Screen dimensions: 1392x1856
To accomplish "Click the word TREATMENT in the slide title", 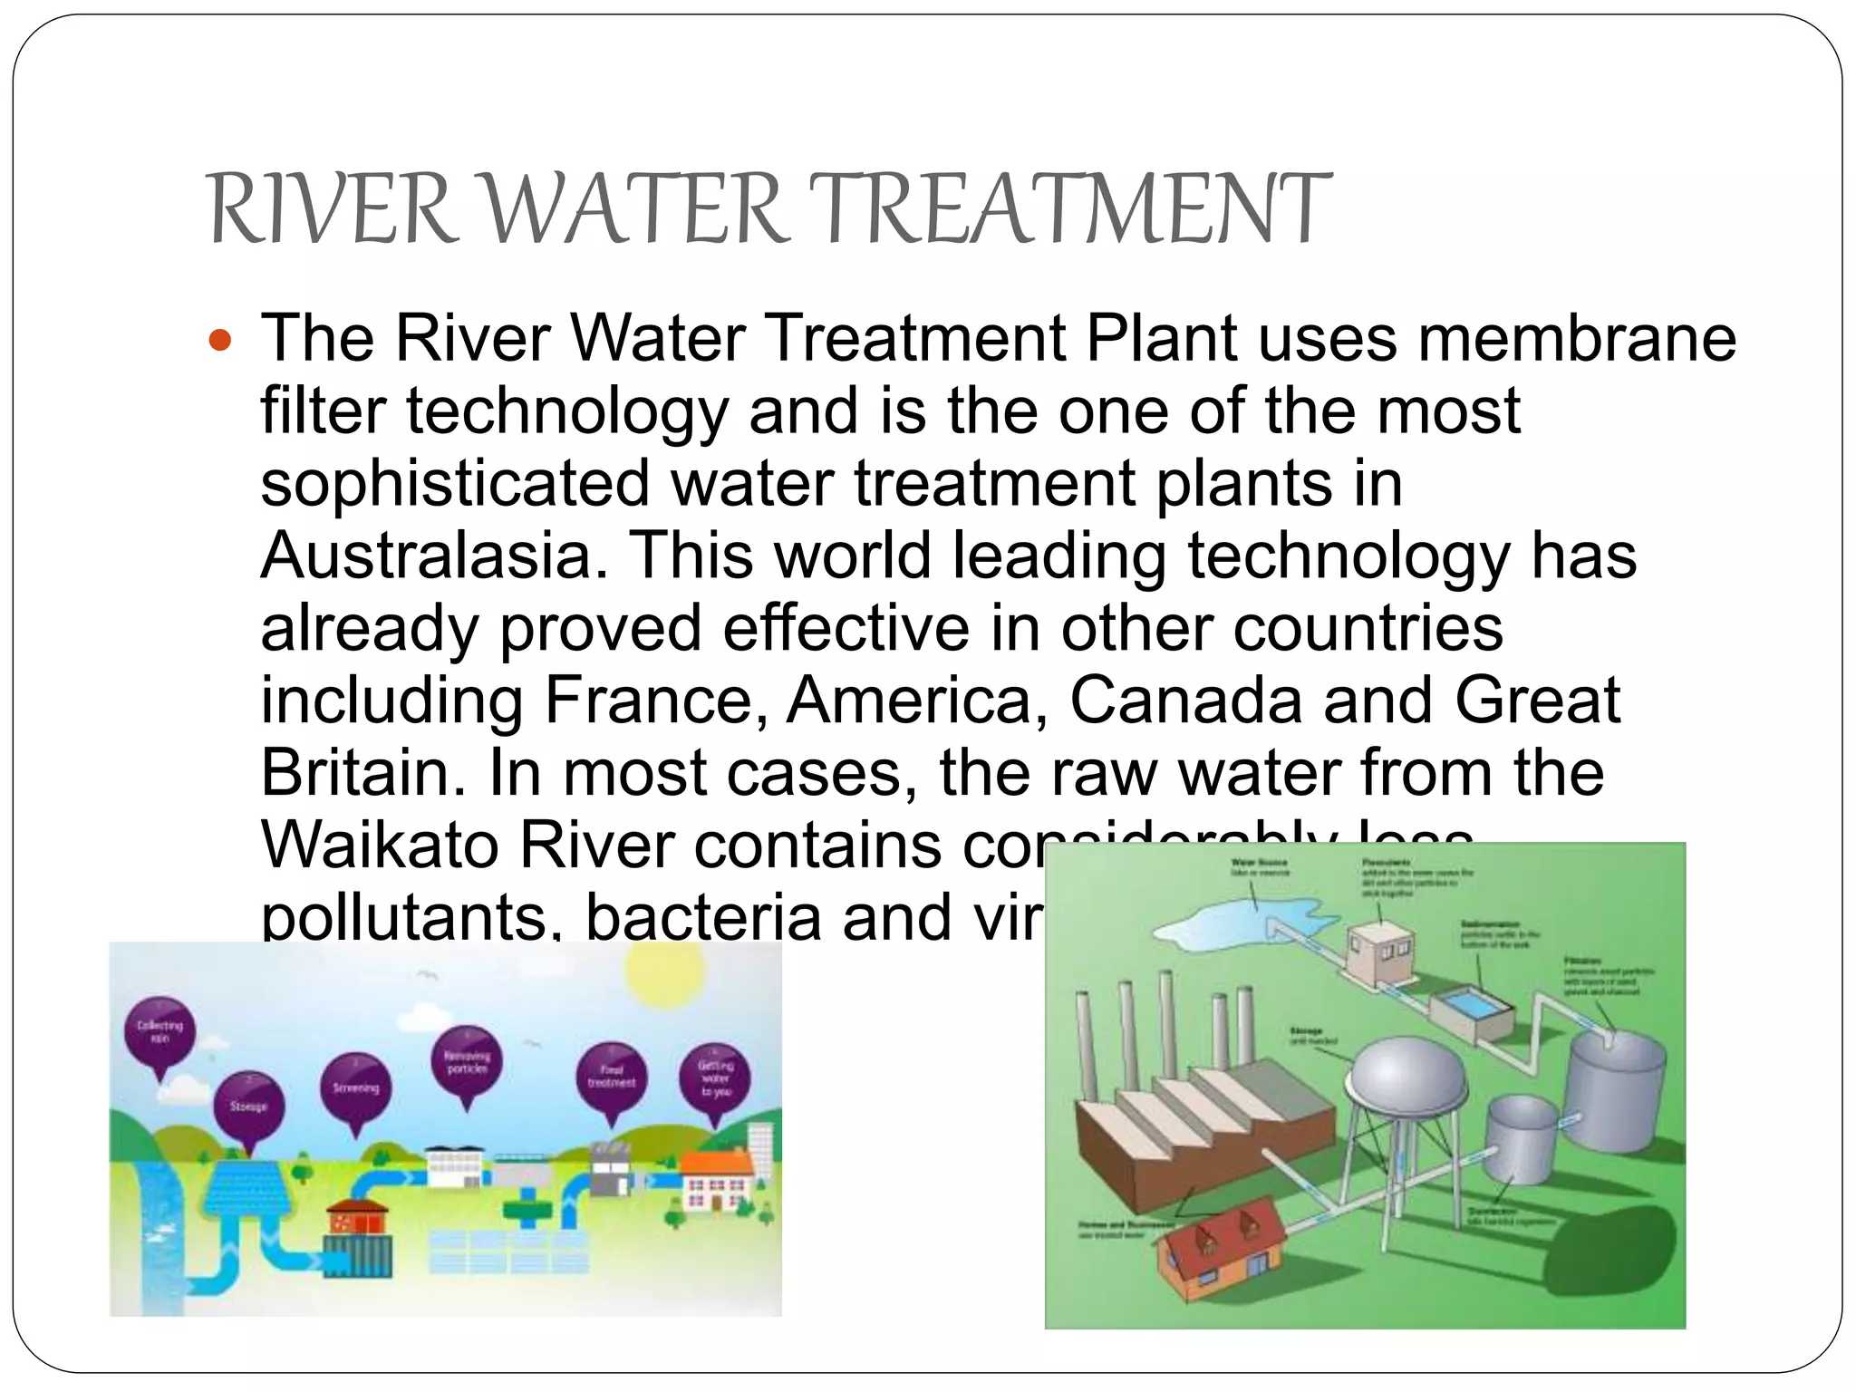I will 1069,210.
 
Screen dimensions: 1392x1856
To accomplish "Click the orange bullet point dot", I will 220,342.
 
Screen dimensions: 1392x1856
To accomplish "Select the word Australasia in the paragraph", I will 433,556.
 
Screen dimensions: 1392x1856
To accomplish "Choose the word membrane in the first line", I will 1577,338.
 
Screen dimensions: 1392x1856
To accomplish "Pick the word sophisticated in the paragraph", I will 455,483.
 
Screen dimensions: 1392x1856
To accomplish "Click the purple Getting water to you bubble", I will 716,1078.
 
